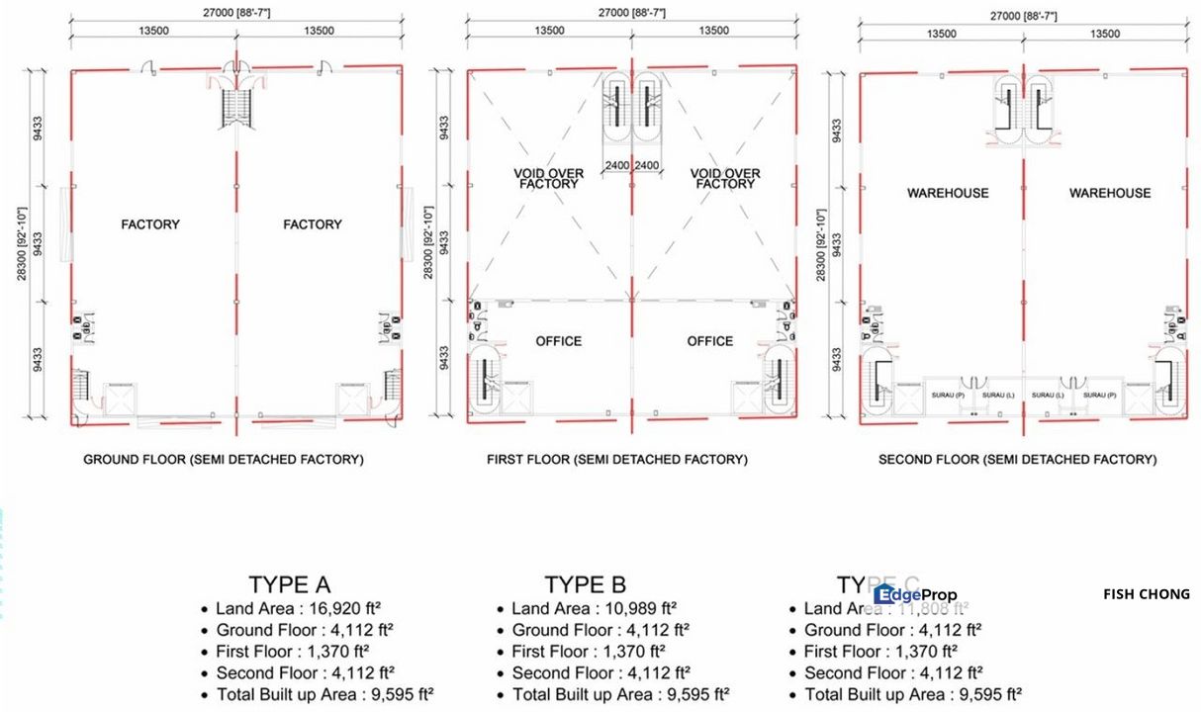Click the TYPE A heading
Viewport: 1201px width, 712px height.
click(289, 584)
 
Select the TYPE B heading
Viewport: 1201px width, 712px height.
click(585, 584)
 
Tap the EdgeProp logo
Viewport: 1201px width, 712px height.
click(915, 594)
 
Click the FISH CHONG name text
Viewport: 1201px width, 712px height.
click(1147, 594)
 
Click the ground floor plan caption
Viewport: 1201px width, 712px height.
click(223, 460)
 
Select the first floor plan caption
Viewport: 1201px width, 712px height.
click(617, 460)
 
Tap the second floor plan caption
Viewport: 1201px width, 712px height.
click(1017, 460)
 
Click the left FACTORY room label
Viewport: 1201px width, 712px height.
click(150, 224)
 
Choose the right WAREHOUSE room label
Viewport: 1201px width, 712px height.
click(1110, 193)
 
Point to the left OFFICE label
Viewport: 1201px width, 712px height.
click(559, 341)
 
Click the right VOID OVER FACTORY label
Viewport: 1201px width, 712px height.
click(725, 178)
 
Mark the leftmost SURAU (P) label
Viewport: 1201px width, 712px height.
click(948, 396)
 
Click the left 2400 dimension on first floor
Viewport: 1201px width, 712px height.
click(617, 165)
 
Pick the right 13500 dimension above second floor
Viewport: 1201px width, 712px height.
click(1104, 34)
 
